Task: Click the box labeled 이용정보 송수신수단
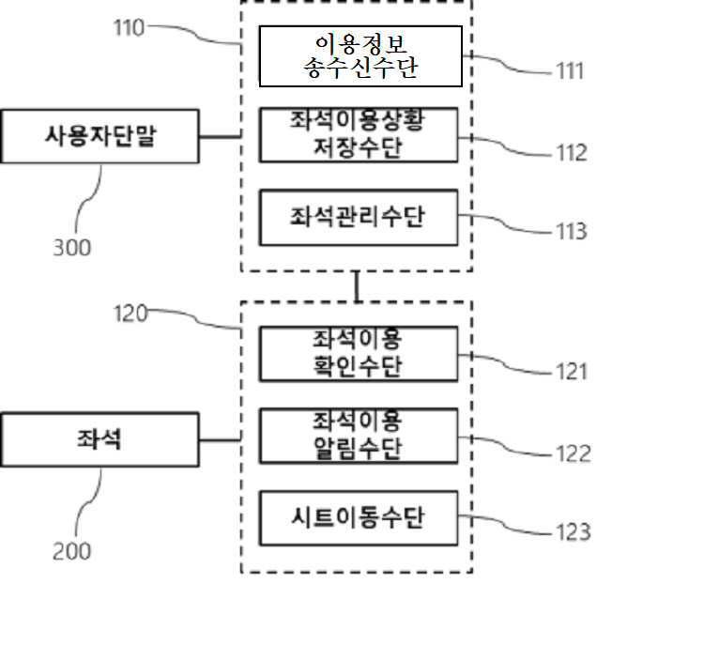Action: (x=360, y=56)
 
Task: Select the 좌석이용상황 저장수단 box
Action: (x=359, y=135)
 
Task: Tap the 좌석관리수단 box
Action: (x=359, y=217)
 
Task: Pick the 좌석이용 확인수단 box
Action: (x=359, y=353)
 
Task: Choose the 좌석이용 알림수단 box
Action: (x=359, y=436)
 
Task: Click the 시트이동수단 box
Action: (x=359, y=516)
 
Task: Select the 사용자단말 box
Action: (x=99, y=136)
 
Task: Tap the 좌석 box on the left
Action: (x=99, y=439)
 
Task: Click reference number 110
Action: (x=130, y=28)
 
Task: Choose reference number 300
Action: (x=71, y=248)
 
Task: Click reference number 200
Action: (x=71, y=551)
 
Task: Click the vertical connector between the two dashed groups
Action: (x=357, y=286)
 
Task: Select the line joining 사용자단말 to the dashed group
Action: (x=221, y=136)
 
